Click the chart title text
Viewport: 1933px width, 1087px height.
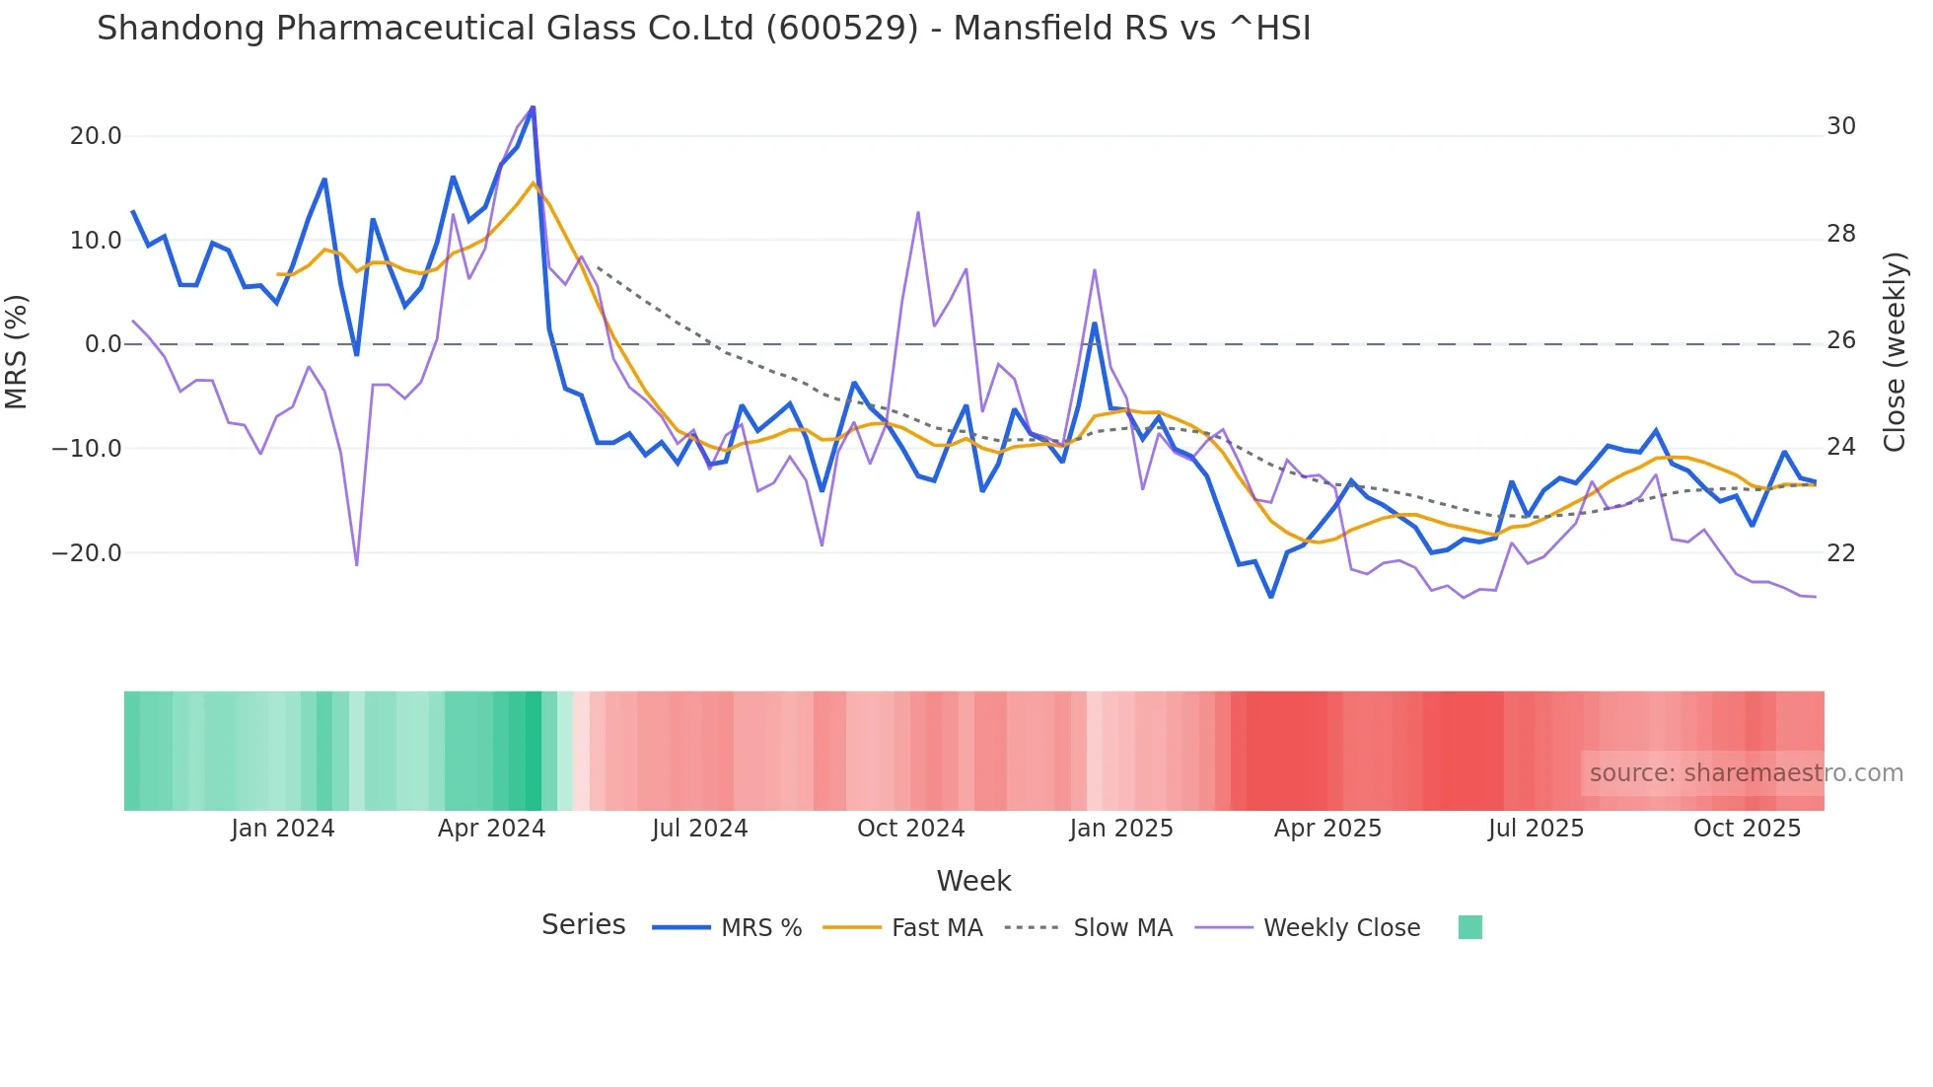703,29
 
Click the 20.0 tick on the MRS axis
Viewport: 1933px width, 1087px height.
96,136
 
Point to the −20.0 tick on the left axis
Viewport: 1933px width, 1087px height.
87,553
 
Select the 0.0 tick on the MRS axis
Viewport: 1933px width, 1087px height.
104,344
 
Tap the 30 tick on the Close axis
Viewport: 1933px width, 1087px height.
1841,126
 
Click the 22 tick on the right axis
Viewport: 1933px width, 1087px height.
1841,553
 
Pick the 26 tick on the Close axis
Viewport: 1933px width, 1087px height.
1841,340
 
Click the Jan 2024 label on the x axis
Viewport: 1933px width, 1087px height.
283,829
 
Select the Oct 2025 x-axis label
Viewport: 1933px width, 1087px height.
1747,829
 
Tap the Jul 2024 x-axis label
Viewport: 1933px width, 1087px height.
700,829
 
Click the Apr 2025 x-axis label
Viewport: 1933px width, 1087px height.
1327,829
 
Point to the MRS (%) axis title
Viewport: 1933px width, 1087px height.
17,351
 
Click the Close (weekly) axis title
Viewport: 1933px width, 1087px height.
1895,351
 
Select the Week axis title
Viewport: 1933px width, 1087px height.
973,881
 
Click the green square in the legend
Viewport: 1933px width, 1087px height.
1469,927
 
